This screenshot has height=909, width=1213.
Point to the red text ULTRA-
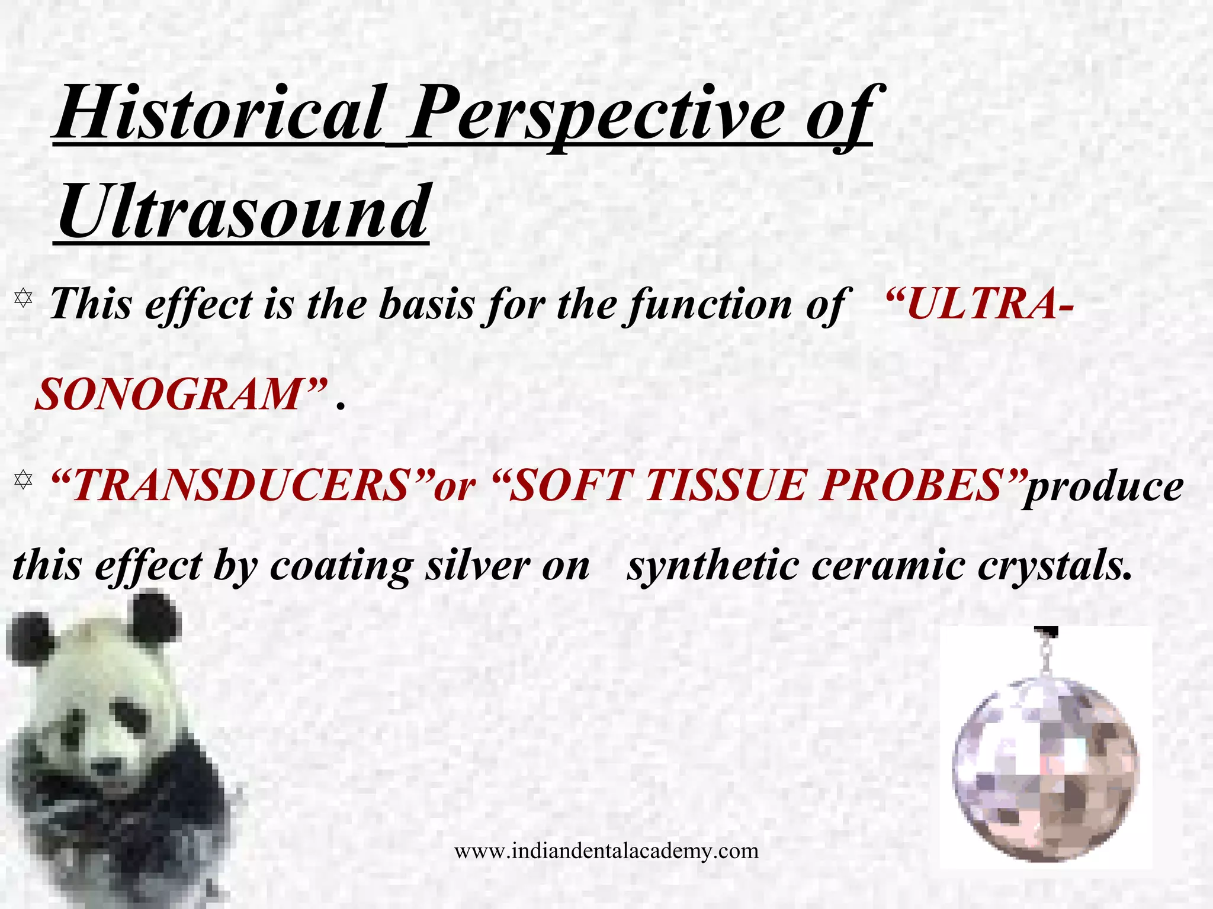(x=977, y=305)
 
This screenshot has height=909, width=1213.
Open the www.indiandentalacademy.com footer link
(x=606, y=851)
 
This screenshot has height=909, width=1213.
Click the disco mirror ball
(x=1046, y=769)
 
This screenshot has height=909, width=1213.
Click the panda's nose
(x=107, y=768)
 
